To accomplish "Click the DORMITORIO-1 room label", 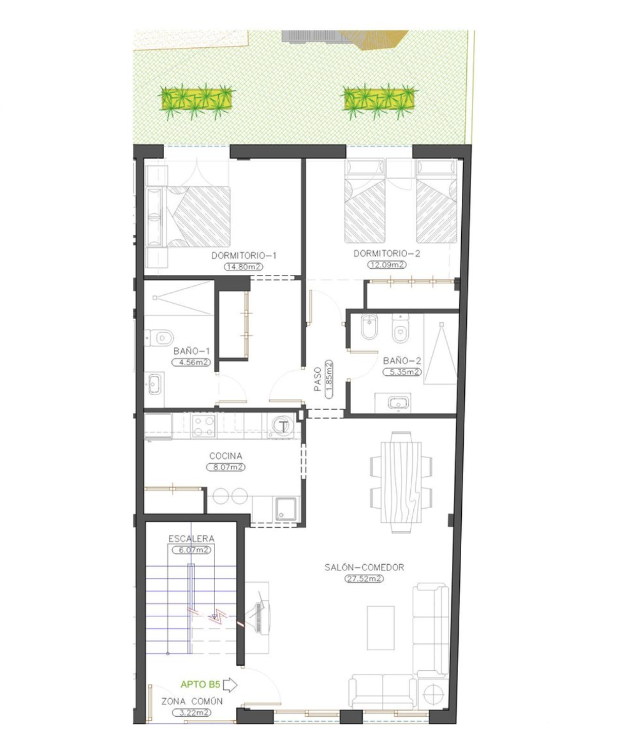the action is pos(244,256).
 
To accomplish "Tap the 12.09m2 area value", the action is pos(386,265).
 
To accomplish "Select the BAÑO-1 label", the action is pos(191,351).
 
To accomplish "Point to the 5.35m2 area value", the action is pos(402,372).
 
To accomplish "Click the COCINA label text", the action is pos(226,456).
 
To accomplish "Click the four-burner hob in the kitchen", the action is pos(204,426).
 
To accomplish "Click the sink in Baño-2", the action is pos(398,403).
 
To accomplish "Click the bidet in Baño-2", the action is pos(369,327).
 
